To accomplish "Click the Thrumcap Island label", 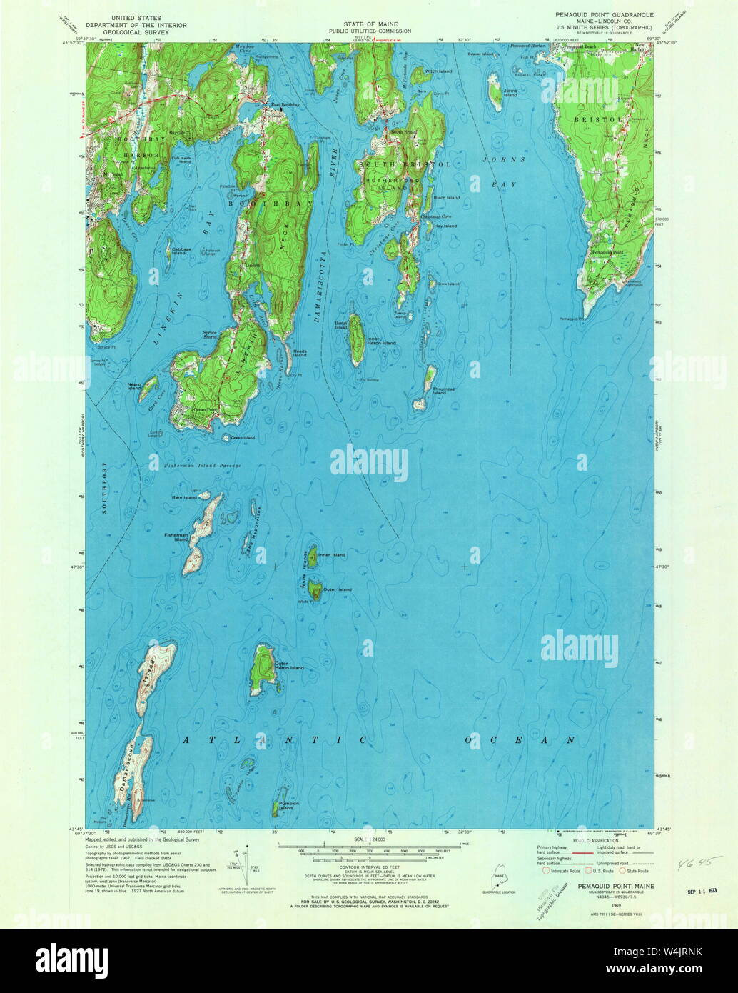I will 444,391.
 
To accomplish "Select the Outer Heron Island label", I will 290,666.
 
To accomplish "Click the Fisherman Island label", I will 176,537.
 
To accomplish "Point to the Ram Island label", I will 184,497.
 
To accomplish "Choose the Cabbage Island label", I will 181,251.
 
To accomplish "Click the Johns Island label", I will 510,93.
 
